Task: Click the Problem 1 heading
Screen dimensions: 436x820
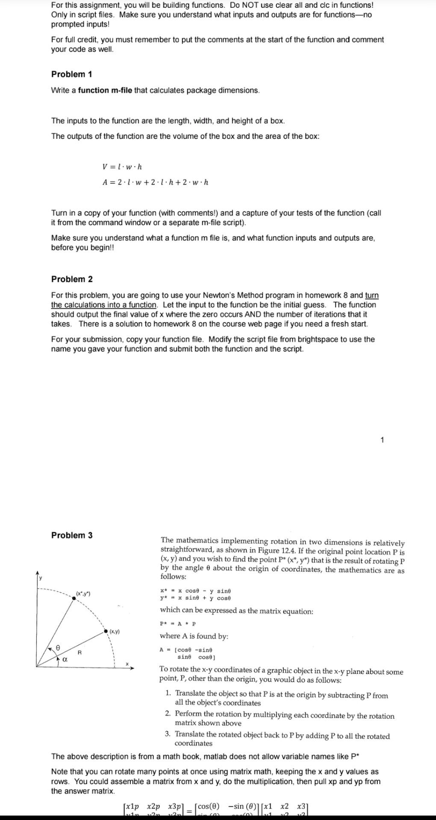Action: (71, 74)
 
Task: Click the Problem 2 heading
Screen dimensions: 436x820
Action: (72, 279)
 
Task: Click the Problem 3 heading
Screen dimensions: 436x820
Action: (72, 536)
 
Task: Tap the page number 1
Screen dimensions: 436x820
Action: (382, 440)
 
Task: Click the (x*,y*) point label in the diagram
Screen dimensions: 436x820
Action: (83, 594)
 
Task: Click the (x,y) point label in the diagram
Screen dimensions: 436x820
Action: (115, 631)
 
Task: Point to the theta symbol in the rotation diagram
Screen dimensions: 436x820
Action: (58, 648)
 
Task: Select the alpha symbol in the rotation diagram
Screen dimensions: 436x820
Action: (65, 660)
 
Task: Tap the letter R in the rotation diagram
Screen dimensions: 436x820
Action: (80, 653)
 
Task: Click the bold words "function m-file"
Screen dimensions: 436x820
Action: (105, 91)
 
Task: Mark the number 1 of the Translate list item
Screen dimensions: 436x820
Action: (168, 693)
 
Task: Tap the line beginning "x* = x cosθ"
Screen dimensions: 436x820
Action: (195, 591)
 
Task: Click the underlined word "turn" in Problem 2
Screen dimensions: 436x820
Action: (372, 296)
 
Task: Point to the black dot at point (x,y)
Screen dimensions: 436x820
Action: (106, 631)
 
